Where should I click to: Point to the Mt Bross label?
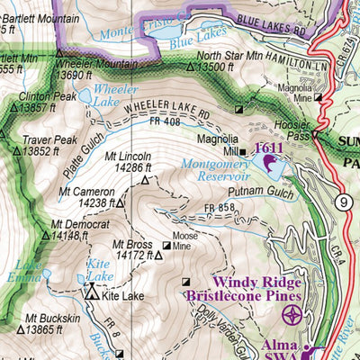click(131, 243)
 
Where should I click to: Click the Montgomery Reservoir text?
click(214, 172)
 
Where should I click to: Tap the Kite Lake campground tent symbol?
click(90, 293)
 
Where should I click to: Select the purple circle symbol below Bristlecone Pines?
click(292, 315)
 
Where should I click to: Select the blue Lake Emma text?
click(29, 272)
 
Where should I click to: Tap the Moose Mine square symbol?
click(166, 246)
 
